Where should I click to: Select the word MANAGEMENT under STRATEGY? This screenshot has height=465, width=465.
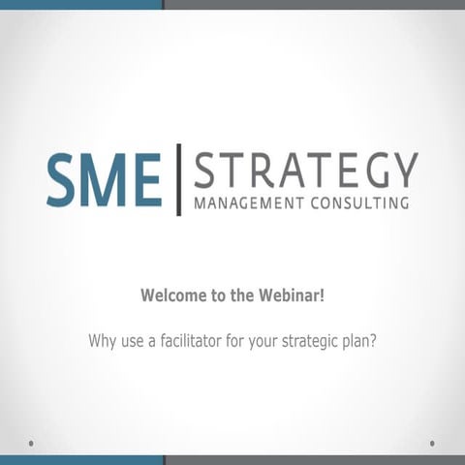click(x=247, y=203)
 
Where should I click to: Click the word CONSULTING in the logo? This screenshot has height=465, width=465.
click(x=357, y=203)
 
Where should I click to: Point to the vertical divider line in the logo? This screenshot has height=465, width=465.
click(x=178, y=180)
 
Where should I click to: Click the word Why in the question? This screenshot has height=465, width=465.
click(x=102, y=341)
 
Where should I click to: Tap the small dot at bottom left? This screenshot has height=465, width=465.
click(x=32, y=443)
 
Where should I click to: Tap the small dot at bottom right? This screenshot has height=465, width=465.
click(x=432, y=443)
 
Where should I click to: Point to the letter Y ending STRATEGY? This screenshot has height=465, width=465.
click(x=404, y=172)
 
